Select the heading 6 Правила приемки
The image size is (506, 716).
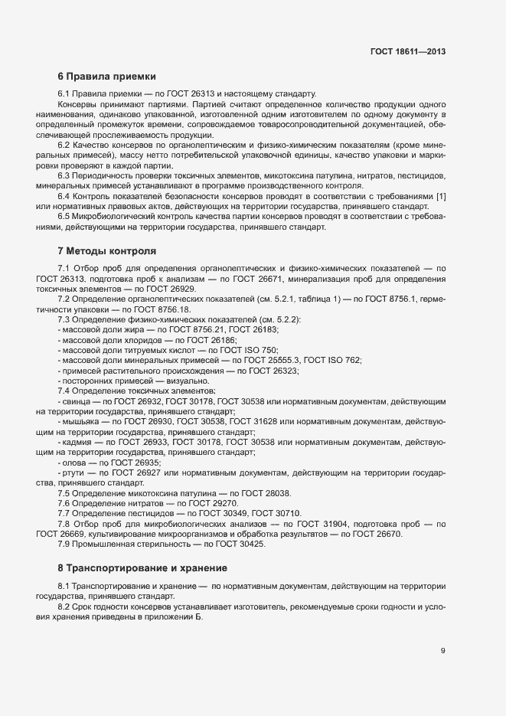[106, 77]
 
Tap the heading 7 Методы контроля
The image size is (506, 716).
[106, 250]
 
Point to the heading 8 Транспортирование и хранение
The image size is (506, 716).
[142, 568]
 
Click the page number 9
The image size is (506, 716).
[443, 651]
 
